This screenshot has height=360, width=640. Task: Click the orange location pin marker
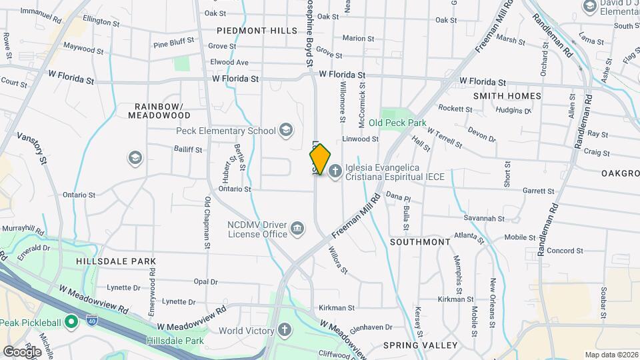(320, 159)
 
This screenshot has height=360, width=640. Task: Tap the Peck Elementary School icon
(286, 130)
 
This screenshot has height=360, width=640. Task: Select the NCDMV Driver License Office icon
(298, 229)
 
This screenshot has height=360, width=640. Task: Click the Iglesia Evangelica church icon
(334, 171)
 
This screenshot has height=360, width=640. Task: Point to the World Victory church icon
(285, 330)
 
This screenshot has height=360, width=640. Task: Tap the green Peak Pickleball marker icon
(71, 323)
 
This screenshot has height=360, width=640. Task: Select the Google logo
(22, 351)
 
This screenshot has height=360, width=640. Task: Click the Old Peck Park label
(397, 123)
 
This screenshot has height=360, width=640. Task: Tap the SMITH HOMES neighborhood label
(507, 96)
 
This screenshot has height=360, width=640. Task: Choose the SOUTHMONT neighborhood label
(420, 241)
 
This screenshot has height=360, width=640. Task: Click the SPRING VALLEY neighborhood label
(420, 345)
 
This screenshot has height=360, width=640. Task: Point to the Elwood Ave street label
(229, 62)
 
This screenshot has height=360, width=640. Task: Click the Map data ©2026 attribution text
(611, 355)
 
